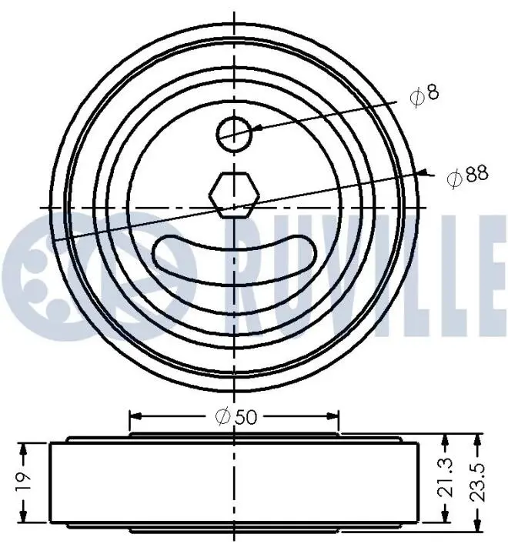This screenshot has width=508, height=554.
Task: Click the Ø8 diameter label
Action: pyautogui.click(x=424, y=94)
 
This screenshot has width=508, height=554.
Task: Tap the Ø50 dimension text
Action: pyautogui.click(x=236, y=417)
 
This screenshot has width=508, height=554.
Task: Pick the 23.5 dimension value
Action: pyautogui.click(x=478, y=482)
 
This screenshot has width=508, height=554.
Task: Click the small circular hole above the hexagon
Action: pyautogui.click(x=234, y=134)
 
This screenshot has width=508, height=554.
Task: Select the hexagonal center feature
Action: pyautogui.click(x=234, y=195)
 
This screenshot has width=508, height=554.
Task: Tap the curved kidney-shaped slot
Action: pyautogui.click(x=234, y=261)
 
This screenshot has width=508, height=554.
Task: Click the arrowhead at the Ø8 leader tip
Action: pyautogui.click(x=258, y=128)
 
